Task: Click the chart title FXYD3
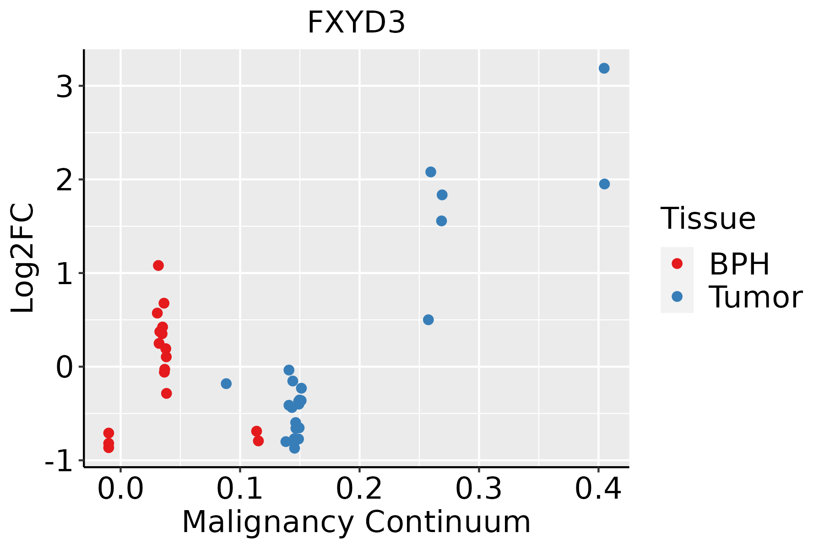pyautogui.click(x=356, y=23)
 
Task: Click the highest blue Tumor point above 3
pyautogui.click(x=604, y=68)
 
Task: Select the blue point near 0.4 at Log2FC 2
pyautogui.click(x=604, y=184)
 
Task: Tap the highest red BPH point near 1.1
pyautogui.click(x=158, y=265)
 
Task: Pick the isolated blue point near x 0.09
pyautogui.click(x=226, y=383)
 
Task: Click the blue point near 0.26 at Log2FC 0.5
pyautogui.click(x=428, y=320)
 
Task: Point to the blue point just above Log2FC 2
pyautogui.click(x=431, y=172)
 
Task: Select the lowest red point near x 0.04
pyautogui.click(x=167, y=393)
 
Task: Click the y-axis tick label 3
pyautogui.click(x=65, y=86)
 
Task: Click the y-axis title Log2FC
pyautogui.click(x=23, y=258)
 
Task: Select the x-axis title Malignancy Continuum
pyautogui.click(x=356, y=522)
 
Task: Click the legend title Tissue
pyautogui.click(x=708, y=219)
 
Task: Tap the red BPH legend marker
pyautogui.click(x=677, y=264)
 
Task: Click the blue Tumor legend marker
pyautogui.click(x=677, y=296)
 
